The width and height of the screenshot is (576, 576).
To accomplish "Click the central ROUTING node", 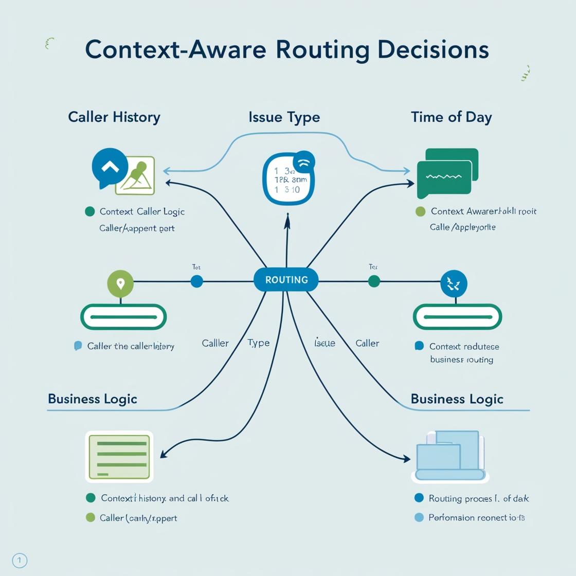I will click(x=286, y=280).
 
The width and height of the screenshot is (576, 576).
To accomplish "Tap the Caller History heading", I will click(x=114, y=117).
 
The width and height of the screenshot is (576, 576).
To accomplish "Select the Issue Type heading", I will click(x=284, y=117).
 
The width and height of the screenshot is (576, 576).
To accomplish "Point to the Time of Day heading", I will click(x=451, y=117).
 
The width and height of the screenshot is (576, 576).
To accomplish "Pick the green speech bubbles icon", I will click(x=447, y=173).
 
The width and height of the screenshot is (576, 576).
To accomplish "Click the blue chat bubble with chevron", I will click(x=110, y=167).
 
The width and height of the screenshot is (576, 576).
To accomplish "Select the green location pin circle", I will click(x=120, y=283).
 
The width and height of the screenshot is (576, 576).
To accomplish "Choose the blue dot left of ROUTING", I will click(x=196, y=281).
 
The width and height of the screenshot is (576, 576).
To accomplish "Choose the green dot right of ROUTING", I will click(x=374, y=281).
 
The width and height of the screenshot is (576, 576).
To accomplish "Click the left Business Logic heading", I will click(x=93, y=399).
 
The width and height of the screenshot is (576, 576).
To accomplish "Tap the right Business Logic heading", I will click(x=457, y=399).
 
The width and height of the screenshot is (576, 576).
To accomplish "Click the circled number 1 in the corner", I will click(x=19, y=560).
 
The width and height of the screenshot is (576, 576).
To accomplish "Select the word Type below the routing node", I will click(x=258, y=343).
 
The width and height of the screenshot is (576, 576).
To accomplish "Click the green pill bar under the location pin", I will click(x=123, y=317).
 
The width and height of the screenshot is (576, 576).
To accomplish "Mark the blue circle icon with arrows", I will click(x=454, y=283).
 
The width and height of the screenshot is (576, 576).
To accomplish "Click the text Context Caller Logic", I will click(x=142, y=211).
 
